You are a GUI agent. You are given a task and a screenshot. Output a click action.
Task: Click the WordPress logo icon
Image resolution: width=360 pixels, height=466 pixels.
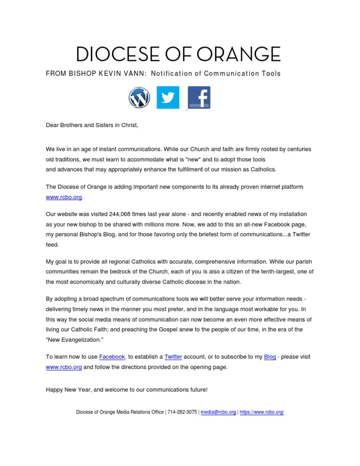click(x=139, y=98)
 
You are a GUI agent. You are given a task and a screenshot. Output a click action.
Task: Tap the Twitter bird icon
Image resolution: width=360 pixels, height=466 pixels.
click(x=167, y=98)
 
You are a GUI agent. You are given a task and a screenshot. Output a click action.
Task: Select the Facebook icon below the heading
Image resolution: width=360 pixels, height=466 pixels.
click(x=199, y=98)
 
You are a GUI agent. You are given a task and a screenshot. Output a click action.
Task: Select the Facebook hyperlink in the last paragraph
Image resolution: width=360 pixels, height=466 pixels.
click(x=112, y=357)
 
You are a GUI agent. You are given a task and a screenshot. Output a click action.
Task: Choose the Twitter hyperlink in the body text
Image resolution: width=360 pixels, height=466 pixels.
click(x=173, y=357)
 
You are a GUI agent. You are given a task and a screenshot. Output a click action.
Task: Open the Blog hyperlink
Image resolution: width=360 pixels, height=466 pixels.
click(x=270, y=357)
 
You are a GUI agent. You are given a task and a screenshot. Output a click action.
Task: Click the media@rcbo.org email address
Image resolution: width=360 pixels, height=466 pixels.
click(x=218, y=412)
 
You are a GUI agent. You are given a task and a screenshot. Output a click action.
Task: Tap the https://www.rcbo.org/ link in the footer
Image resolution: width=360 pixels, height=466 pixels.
click(x=262, y=412)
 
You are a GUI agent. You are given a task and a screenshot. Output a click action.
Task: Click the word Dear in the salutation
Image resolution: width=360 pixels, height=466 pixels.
click(x=52, y=125)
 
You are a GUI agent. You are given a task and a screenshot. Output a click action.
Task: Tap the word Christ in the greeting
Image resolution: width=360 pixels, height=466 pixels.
click(x=129, y=125)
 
